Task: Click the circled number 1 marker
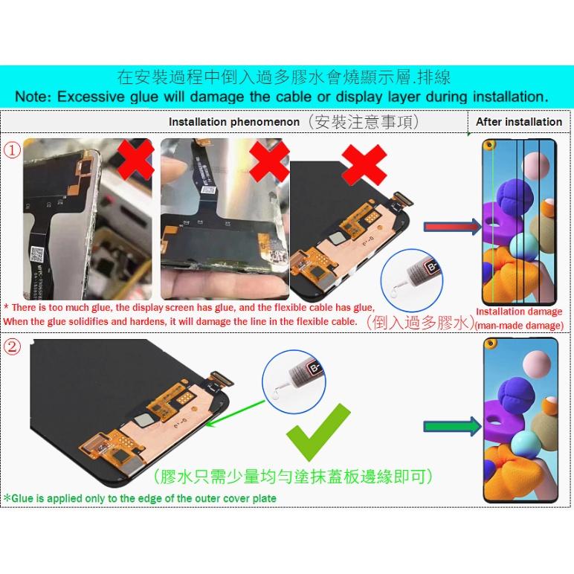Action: click(x=12, y=150)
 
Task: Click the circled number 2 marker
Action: click(x=12, y=347)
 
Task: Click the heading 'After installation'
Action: click(x=519, y=122)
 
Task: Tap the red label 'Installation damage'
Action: click(x=519, y=312)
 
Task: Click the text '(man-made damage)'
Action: click(x=519, y=325)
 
